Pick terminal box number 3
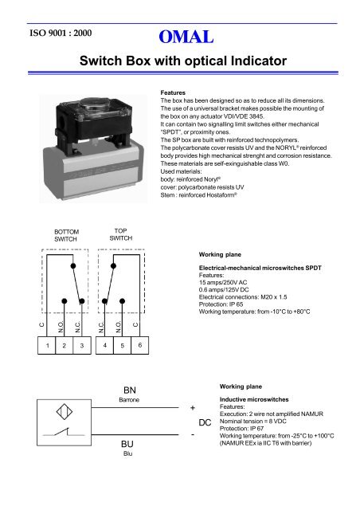[81, 347]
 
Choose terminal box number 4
[106, 347]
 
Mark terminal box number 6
[140, 346]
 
